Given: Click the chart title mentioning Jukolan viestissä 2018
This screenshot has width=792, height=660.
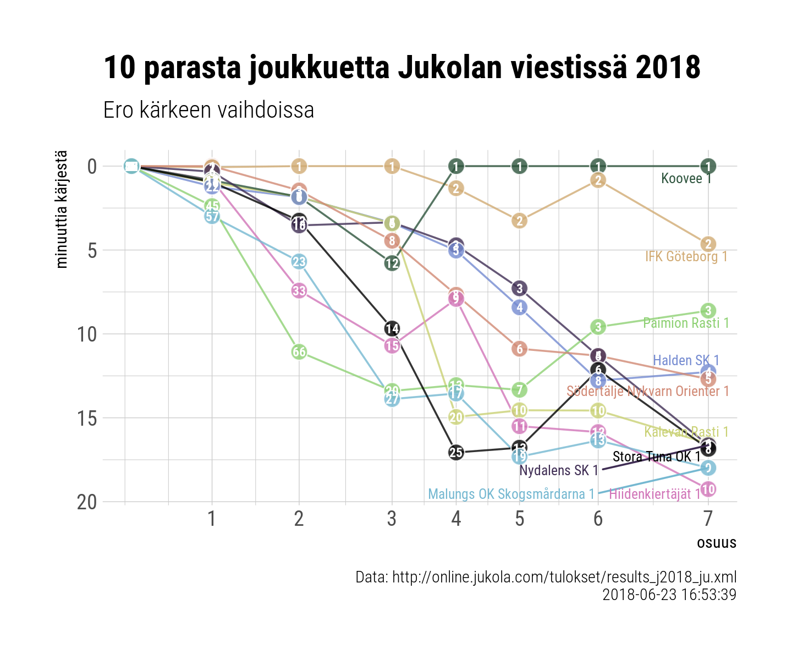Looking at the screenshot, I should pyautogui.click(x=402, y=68).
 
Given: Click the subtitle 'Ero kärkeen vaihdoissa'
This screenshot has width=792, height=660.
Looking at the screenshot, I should pyautogui.click(x=208, y=110).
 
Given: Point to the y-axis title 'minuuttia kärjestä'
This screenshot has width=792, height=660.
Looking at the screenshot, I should pyautogui.click(x=62, y=209).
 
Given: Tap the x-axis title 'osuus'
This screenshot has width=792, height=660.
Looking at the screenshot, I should pyautogui.click(x=716, y=543).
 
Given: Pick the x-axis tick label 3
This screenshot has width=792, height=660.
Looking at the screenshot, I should pyautogui.click(x=392, y=519).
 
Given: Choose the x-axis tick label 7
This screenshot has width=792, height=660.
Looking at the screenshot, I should pyautogui.click(x=708, y=519).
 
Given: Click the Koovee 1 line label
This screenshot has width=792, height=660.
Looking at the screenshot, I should pyautogui.click(x=686, y=178).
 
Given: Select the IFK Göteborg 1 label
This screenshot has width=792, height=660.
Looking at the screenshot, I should pyautogui.click(x=686, y=256).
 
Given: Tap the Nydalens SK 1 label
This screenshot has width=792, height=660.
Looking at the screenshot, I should pyautogui.click(x=558, y=471).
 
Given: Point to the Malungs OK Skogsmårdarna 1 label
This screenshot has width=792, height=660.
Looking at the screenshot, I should pyautogui.click(x=511, y=494).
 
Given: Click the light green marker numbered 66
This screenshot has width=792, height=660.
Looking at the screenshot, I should pyautogui.click(x=299, y=352).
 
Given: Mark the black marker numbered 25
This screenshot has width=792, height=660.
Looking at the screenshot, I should pyautogui.click(x=456, y=453).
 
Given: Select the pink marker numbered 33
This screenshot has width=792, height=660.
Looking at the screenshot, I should pyautogui.click(x=299, y=290).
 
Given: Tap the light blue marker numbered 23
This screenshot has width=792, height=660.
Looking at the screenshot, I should pyautogui.click(x=299, y=262).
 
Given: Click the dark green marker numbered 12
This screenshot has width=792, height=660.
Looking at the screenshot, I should pyautogui.click(x=392, y=263).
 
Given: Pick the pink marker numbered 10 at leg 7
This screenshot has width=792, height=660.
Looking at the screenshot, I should pyautogui.click(x=708, y=489).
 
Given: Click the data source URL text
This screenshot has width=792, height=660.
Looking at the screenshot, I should pyautogui.click(x=546, y=577).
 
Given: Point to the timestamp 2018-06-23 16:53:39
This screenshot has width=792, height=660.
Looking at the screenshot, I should pyautogui.click(x=669, y=595).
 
